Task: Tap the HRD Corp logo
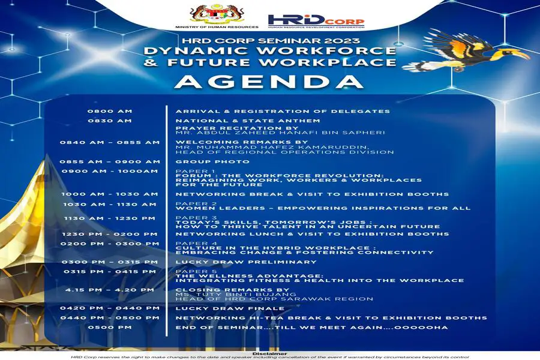coord(316,21)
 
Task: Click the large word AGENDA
coord(269,82)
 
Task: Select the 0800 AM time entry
coord(110,111)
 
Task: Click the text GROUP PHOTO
coord(212,161)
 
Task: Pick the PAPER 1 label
coord(196,171)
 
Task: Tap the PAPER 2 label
coord(196,203)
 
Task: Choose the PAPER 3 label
coord(196,218)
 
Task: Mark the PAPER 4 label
coord(196,244)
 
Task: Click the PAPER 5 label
coord(196,271)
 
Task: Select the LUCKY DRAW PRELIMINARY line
coord(246,262)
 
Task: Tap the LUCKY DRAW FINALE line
coord(230,308)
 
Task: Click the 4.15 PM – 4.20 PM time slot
coord(110,290)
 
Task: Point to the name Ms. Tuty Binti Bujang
coord(236,295)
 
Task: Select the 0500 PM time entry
coord(110,327)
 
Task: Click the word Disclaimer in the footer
coord(269,353)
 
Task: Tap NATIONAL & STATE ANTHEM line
coord(248,121)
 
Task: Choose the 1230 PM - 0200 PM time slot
coord(110,234)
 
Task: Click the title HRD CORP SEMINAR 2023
coord(271,41)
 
